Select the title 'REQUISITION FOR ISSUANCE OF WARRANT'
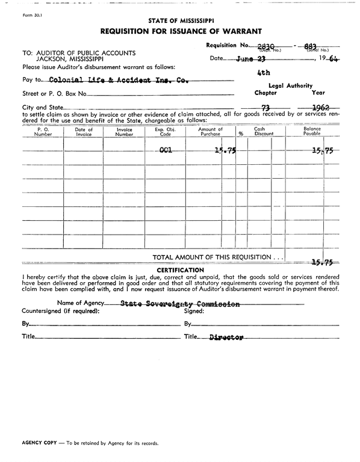(x=180, y=31)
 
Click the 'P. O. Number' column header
(x=43, y=132)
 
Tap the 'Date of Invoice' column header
(x=84, y=132)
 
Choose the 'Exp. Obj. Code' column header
(x=163, y=132)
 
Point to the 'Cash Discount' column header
(x=259, y=132)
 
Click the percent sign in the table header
(x=240, y=134)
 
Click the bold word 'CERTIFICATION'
(x=180, y=270)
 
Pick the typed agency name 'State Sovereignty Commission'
(x=180, y=304)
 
